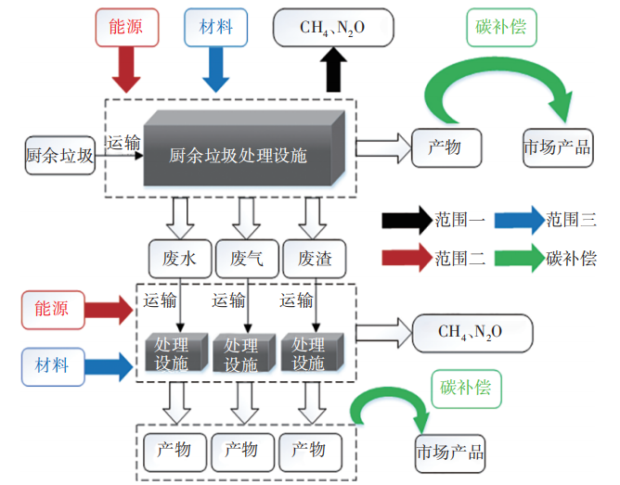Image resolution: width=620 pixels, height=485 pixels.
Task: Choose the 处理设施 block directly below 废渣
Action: pos(308,353)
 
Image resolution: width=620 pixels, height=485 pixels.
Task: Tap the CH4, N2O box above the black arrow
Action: pos(332,29)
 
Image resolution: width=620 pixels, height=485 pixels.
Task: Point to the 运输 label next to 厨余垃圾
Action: pos(124,142)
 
